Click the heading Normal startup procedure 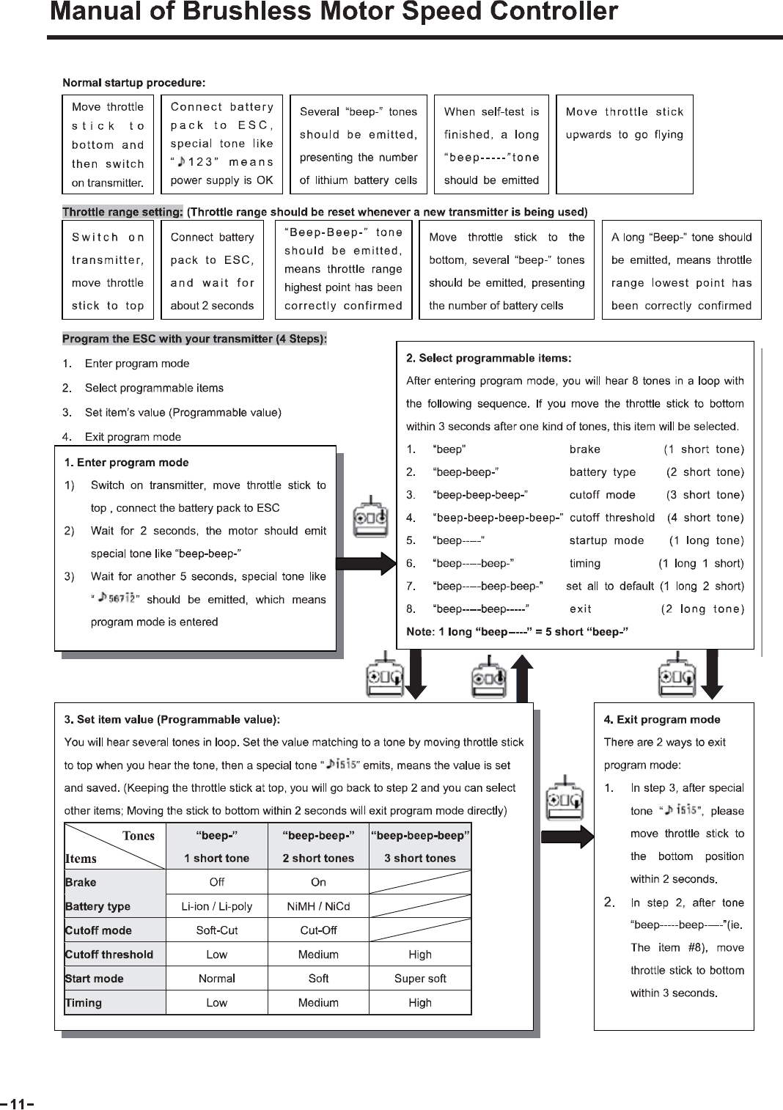point(133,83)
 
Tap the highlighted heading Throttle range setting point(122,212)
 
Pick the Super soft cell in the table point(419,978)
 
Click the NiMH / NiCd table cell point(318,906)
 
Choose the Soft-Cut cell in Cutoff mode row point(217,930)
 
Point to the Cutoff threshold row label point(109,955)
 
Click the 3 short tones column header point(419,858)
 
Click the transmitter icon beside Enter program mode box point(371,521)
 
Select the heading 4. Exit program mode point(661,719)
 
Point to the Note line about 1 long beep point(517,632)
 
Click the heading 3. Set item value point(172,719)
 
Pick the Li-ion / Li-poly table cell point(217,906)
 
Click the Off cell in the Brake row point(217,882)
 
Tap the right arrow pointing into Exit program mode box point(577,837)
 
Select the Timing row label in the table point(84,1002)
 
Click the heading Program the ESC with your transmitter point(194,339)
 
